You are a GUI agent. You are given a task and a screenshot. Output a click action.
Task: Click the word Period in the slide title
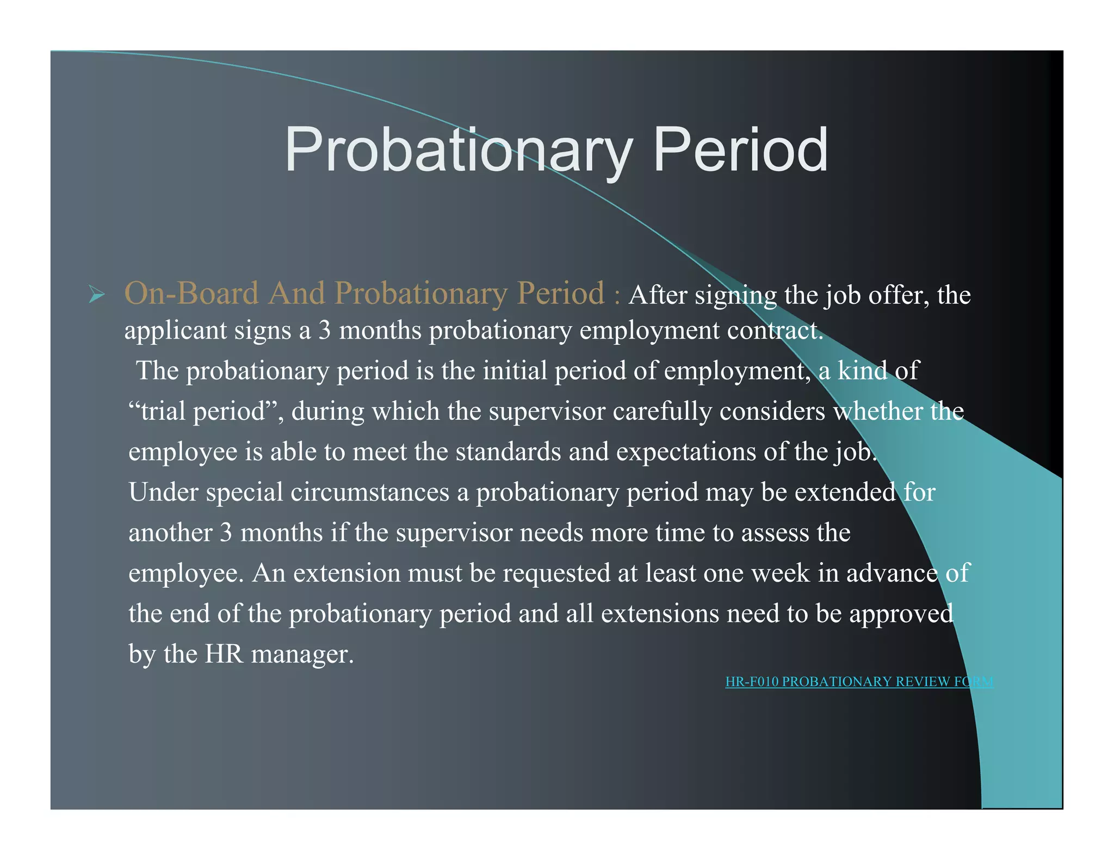740,149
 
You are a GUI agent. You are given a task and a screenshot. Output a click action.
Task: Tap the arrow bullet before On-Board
96,296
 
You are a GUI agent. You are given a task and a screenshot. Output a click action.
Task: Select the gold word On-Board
191,294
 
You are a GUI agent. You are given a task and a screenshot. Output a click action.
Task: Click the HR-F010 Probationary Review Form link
859,682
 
